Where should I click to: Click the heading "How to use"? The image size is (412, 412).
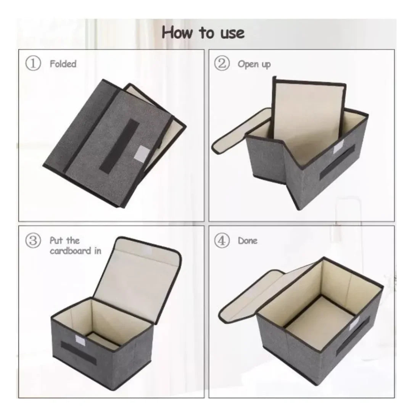[x=203, y=32]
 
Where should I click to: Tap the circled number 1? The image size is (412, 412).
[x=33, y=63]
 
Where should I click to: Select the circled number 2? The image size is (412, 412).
[x=222, y=63]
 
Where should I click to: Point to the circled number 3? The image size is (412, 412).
[x=33, y=240]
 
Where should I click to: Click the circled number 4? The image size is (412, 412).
[x=222, y=240]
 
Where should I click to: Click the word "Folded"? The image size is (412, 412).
[x=63, y=64]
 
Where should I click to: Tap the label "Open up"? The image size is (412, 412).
[x=254, y=64]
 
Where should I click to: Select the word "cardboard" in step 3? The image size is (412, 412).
[x=71, y=251]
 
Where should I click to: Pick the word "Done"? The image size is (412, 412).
[x=248, y=241]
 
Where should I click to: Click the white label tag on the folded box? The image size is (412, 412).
[x=142, y=153]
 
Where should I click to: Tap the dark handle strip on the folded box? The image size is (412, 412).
[x=119, y=145]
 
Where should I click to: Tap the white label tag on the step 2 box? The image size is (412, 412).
[x=338, y=146]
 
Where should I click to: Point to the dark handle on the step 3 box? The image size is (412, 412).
[x=78, y=352]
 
